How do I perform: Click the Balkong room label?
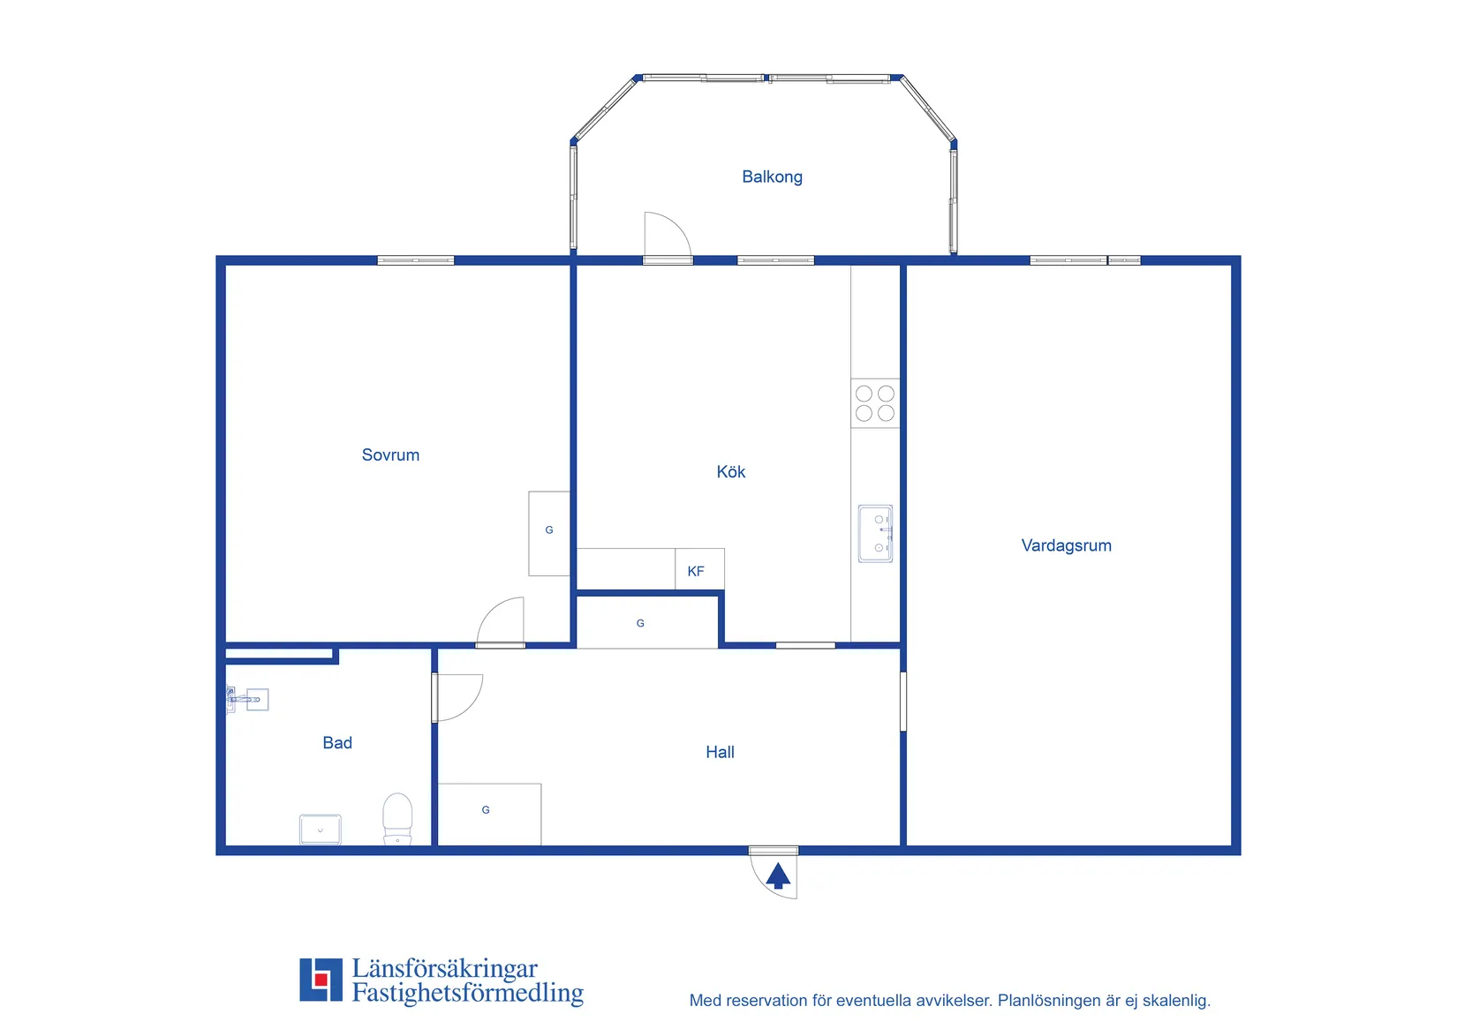pos(772,177)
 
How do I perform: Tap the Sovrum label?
pos(390,455)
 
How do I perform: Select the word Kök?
pos(730,472)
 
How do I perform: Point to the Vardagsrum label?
pos(1066,545)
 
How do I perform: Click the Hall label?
pos(720,752)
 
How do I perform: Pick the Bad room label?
pos(337,742)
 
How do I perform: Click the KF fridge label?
pos(695,571)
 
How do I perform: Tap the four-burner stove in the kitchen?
pos(875,403)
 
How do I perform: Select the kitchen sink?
pos(875,534)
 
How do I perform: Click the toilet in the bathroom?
pos(397,818)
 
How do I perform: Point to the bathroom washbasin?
pos(320,830)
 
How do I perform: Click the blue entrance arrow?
pos(778,875)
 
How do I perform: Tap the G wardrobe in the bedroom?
pos(549,533)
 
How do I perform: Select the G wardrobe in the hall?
pos(489,815)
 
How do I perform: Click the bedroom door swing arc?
pos(491,611)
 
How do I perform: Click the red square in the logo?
pos(320,980)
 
